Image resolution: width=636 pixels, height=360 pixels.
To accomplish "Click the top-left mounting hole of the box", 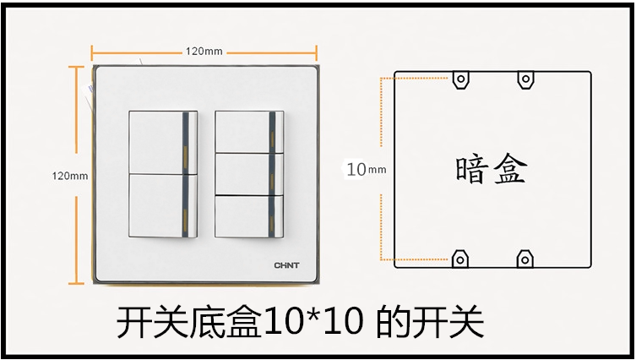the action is [x=460, y=80].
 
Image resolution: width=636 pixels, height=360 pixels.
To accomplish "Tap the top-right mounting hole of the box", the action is [x=525, y=80].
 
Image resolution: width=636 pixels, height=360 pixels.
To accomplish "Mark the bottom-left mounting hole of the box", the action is [x=460, y=258].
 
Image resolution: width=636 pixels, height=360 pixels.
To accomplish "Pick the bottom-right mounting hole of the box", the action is [x=525, y=258].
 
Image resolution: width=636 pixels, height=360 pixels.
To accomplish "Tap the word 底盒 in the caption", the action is [x=227, y=322].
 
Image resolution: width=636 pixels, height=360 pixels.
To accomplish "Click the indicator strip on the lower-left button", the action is [x=183, y=205].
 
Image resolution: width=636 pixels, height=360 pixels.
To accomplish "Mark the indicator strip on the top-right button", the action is [x=271, y=131].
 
